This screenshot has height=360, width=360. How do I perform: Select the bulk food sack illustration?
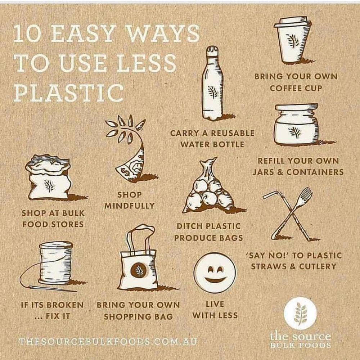click(49, 178)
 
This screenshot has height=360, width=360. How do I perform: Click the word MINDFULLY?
click(130, 206)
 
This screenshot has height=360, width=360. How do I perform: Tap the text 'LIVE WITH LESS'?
click(215, 310)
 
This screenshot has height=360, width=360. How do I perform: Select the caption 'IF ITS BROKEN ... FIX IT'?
click(53, 311)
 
